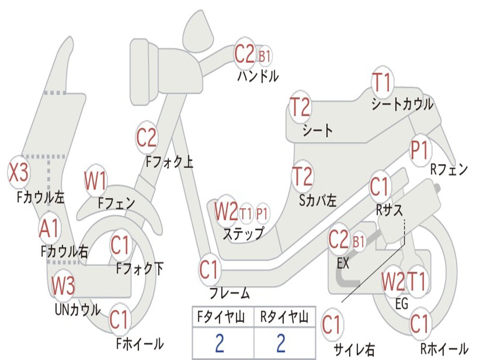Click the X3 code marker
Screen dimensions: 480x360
[x=19, y=172]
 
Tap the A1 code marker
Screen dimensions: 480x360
[x=49, y=228]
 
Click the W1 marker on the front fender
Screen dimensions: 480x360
[x=96, y=180]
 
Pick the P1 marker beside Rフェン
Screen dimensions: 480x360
[x=420, y=150]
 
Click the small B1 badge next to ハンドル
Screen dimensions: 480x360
[x=264, y=56]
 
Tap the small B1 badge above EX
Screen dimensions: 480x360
[x=359, y=242]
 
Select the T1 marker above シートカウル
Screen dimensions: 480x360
[x=382, y=82]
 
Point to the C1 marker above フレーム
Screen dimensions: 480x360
[x=210, y=270]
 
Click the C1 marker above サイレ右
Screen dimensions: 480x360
[x=332, y=324]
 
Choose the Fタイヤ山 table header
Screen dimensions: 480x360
[x=221, y=316]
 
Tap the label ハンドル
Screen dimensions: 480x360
[x=258, y=76]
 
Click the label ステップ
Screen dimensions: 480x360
[x=244, y=234]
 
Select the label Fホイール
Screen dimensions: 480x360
[x=140, y=344]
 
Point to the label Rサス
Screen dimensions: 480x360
[x=390, y=210]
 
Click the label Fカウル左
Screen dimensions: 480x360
[x=40, y=197]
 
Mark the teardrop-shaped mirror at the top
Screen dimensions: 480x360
[x=198, y=30]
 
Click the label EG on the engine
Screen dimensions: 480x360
[x=402, y=304]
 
